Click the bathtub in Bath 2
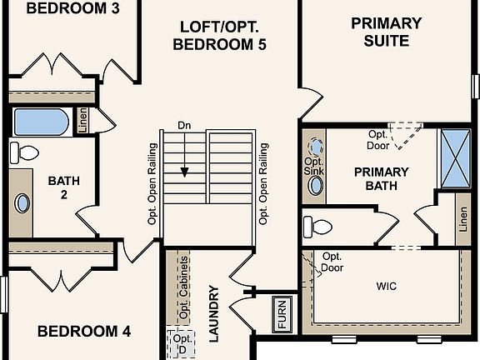click(42, 122)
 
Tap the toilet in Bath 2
click(24, 152)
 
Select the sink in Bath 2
click(22, 203)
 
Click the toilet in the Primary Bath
click(317, 227)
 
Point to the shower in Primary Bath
click(456, 158)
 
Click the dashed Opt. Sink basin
click(315, 147)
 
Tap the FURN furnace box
click(282, 314)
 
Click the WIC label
click(387, 286)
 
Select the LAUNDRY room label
click(213, 314)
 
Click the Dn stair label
click(184, 126)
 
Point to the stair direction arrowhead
click(184, 172)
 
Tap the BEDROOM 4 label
click(84, 331)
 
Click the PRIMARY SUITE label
click(387, 32)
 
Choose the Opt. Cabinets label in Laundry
click(183, 287)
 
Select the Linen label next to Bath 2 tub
click(82, 120)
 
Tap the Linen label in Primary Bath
click(463, 219)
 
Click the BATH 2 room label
click(64, 187)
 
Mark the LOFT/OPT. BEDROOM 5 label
click(219, 36)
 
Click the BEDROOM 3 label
click(72, 8)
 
